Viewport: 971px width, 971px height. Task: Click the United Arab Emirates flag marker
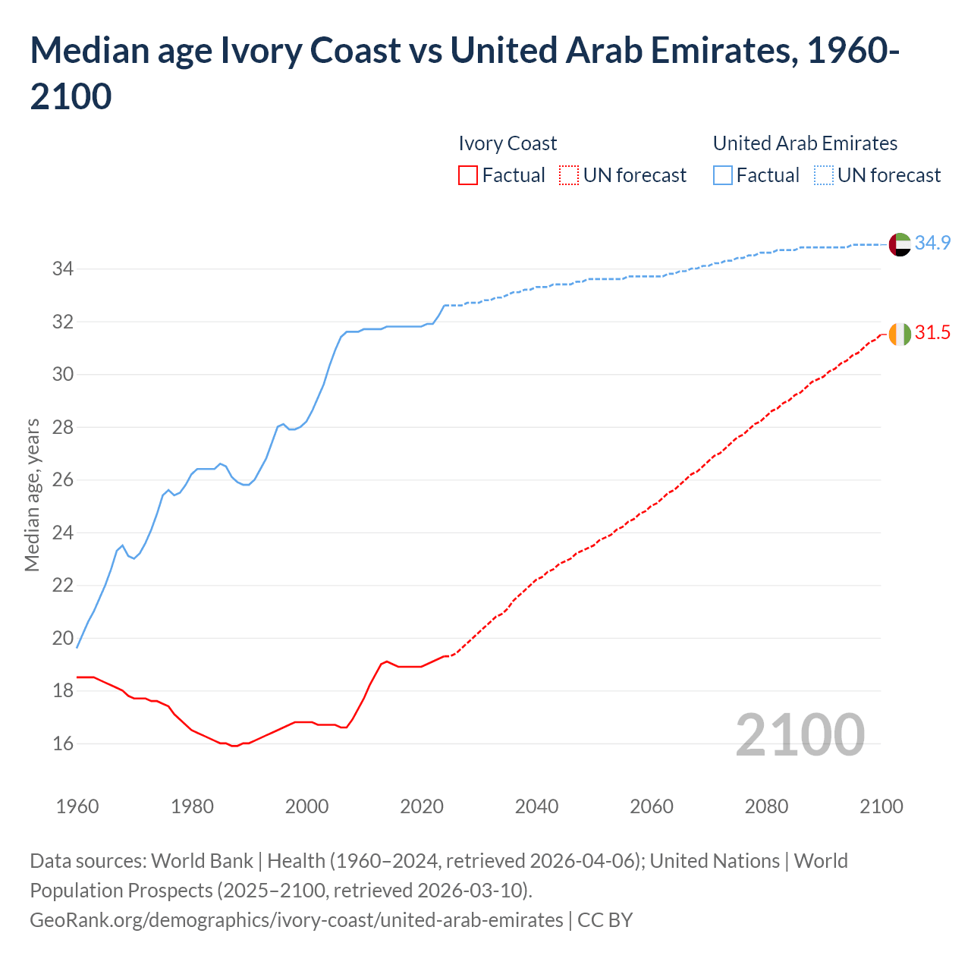coord(900,244)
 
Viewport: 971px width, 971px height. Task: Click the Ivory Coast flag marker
coord(900,334)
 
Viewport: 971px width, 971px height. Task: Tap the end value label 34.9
coord(932,243)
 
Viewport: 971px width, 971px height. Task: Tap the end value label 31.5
coord(932,332)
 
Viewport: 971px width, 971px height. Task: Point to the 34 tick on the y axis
coord(62,269)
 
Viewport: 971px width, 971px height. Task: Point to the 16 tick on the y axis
coord(62,743)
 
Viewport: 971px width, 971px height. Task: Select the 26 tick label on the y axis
coord(62,480)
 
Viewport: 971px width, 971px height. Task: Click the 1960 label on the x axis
coord(77,806)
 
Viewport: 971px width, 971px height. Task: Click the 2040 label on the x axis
coord(536,806)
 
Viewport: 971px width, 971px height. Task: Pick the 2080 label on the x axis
coord(766,806)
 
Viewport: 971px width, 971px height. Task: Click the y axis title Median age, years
coord(32,495)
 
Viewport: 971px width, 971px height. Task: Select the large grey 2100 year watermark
coord(800,734)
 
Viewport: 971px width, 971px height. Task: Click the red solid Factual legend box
coord(468,175)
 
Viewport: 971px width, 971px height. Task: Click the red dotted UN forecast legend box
coord(569,175)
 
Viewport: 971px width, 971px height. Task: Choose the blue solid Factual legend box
coord(723,175)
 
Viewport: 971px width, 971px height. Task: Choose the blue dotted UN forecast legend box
coord(823,175)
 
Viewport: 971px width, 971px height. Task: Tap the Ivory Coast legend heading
coord(507,143)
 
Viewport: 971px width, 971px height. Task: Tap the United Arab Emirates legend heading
coord(805,143)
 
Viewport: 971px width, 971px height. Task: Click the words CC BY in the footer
coord(605,920)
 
